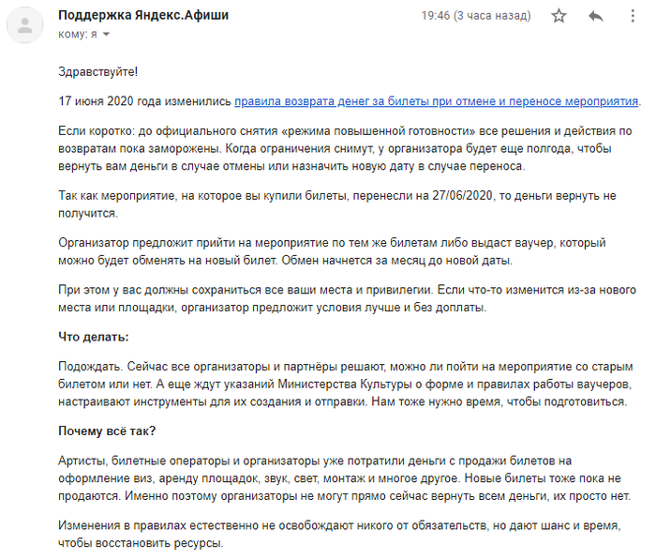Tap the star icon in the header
tap(559, 16)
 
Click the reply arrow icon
tap(595, 16)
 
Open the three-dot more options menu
tap(629, 16)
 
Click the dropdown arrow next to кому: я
tap(106, 35)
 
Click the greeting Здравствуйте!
tap(97, 72)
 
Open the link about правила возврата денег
tap(437, 101)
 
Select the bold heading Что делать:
tap(94, 336)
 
